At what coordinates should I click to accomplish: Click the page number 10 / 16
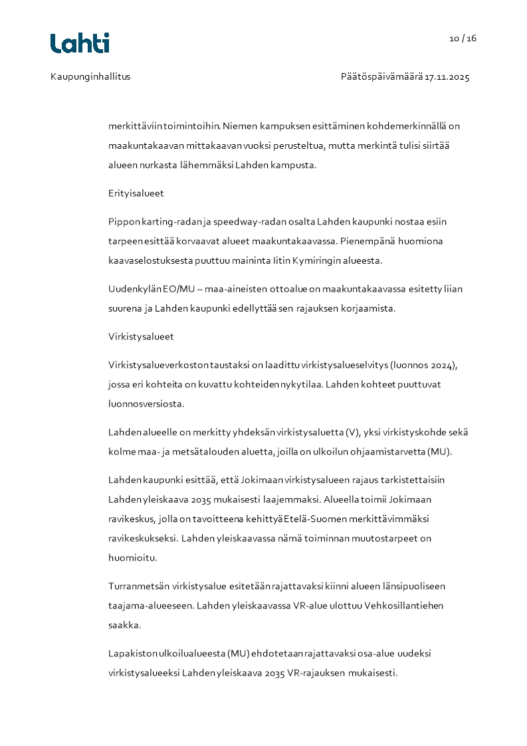[x=463, y=39]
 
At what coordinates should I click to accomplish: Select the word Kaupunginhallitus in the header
[x=90, y=77]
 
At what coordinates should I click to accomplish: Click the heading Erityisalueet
[x=136, y=193]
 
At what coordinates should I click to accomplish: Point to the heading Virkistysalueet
[x=141, y=337]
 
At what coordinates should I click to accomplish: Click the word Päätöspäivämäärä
[x=381, y=77]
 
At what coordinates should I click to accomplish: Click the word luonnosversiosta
[x=146, y=403]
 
